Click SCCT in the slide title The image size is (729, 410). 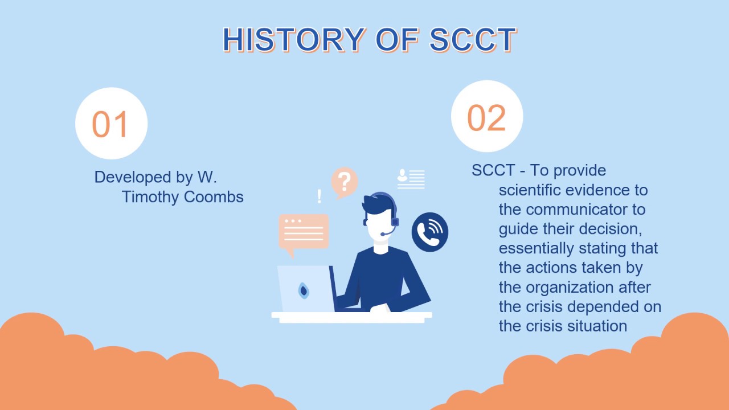473,40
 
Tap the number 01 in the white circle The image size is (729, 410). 110,124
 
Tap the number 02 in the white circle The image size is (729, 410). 486,118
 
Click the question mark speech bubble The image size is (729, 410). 344,182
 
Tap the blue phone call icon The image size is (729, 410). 430,232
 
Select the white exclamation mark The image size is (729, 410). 319,196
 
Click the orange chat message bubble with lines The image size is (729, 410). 304,231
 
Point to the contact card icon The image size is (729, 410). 411,178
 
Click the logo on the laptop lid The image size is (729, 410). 304,290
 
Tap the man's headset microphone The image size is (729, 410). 386,233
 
